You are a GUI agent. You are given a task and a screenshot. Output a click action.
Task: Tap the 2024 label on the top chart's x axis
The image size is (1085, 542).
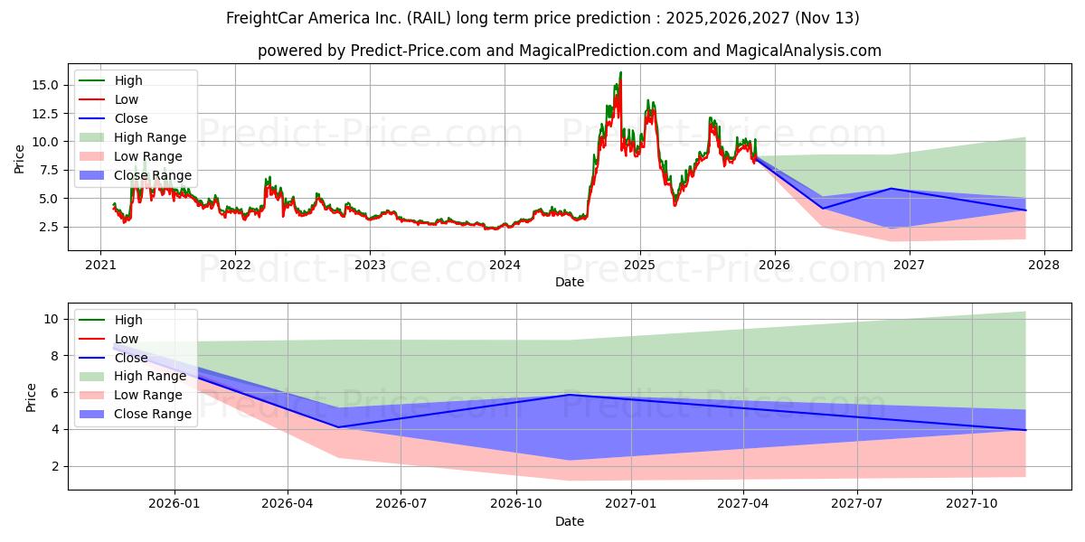coord(505,265)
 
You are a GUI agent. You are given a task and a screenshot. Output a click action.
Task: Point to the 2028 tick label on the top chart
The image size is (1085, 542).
coord(1044,265)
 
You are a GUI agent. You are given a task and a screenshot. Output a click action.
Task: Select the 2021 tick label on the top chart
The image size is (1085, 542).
coord(100,265)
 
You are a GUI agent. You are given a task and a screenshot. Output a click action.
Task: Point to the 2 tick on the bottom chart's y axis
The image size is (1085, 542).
coord(54,466)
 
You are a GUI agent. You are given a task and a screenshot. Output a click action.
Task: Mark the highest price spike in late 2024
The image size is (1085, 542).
coord(620,72)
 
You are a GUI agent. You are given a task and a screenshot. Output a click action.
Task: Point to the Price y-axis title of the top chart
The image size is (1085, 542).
coord(20,159)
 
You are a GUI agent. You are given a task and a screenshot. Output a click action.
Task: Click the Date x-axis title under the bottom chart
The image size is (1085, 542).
coord(570,521)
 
